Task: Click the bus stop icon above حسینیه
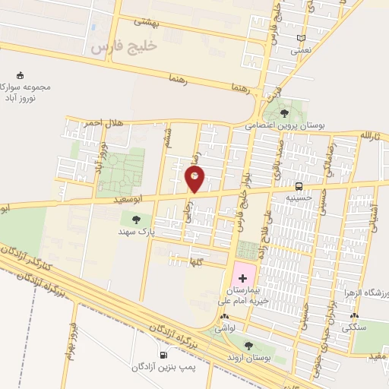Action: [299, 185]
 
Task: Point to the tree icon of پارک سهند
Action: [136, 220]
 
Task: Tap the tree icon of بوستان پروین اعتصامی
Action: [284, 113]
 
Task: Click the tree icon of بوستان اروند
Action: [248, 346]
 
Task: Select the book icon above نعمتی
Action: [301, 38]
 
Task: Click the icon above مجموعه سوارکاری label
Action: [20, 75]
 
